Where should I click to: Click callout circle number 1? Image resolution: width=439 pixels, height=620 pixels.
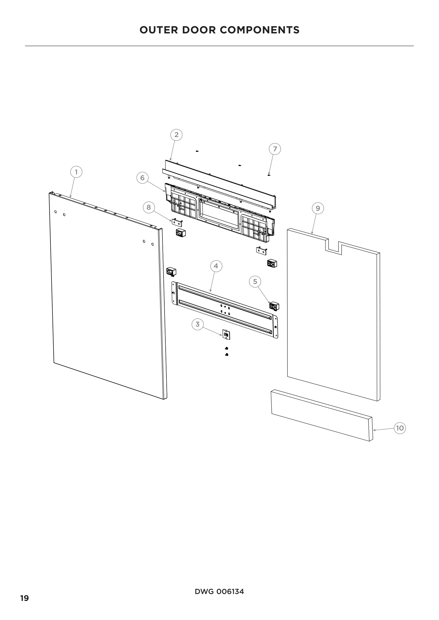[76, 172]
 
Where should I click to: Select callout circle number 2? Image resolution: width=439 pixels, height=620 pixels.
[177, 135]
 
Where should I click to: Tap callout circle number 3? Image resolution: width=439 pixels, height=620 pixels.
[198, 324]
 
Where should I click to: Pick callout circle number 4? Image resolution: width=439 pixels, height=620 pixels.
[216, 266]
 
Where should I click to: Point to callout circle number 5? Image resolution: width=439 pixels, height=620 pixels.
[255, 282]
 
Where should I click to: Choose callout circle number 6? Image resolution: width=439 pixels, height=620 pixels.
[143, 178]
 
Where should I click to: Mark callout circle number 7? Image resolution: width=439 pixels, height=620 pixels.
[275, 149]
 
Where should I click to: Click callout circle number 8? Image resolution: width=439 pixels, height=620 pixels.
[149, 207]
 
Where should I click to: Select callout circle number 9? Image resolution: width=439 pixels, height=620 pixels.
[318, 208]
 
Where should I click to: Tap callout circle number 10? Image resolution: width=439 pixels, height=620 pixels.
[400, 428]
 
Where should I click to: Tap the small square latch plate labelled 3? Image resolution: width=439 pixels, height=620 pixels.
[226, 335]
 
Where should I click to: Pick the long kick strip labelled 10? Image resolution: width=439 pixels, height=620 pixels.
[322, 415]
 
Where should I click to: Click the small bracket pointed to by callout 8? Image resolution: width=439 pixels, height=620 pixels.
[177, 223]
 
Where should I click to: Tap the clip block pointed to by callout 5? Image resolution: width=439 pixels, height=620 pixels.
[274, 306]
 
